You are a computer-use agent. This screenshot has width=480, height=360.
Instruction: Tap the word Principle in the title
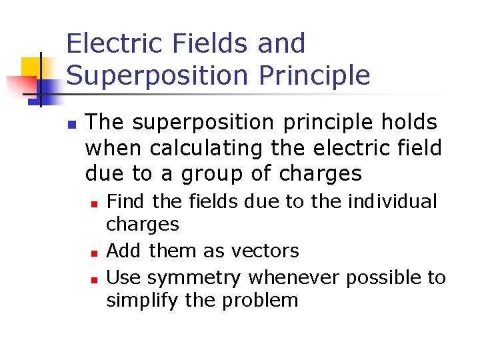point(314,76)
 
